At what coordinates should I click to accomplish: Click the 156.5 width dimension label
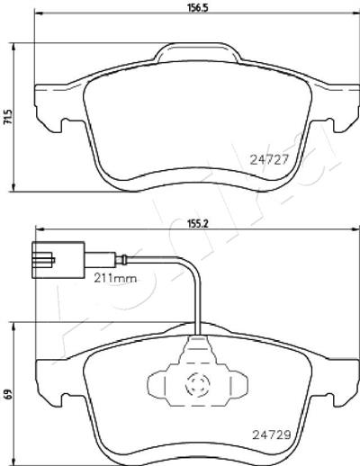pos(197,7)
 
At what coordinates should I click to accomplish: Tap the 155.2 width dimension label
pos(198,223)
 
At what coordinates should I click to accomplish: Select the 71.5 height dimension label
pos(7,117)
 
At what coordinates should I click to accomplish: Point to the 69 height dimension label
pos(7,393)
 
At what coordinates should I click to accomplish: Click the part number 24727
pos(269,159)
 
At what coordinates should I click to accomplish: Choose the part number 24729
pos(272,443)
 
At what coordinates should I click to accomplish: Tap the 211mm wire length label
pos(115,279)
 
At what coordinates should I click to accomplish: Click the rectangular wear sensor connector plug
pos(58,260)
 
